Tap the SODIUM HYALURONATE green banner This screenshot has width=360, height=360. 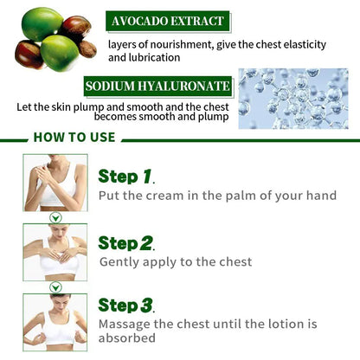point(157,87)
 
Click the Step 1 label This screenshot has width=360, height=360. point(125,177)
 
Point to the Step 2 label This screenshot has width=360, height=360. point(125,242)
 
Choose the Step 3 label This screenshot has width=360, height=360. point(125,305)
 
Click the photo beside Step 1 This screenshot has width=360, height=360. point(55,183)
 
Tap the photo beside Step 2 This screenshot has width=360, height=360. point(55,252)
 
